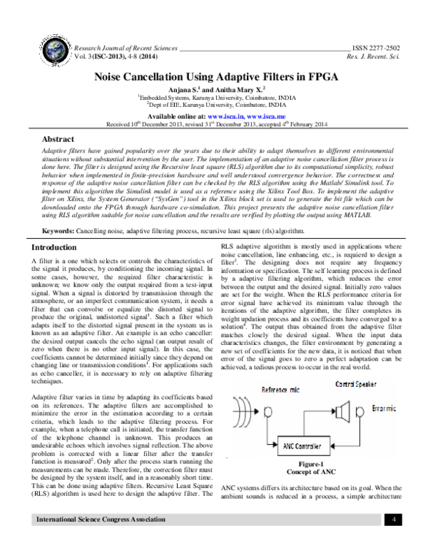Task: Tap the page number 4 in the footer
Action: coord(394,540)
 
